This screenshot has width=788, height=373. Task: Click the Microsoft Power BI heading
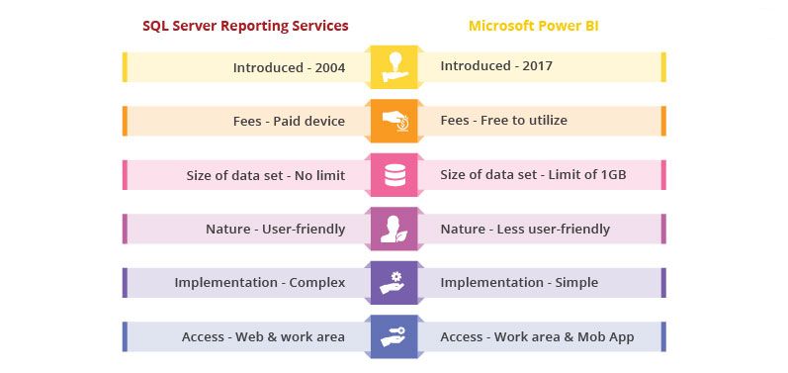point(533,25)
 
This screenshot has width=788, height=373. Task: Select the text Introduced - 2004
point(289,67)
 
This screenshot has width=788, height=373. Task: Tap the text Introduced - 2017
point(496,67)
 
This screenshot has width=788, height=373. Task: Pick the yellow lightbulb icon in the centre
point(394,67)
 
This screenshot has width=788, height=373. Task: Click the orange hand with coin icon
point(394,121)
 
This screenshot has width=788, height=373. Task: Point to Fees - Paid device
point(289,121)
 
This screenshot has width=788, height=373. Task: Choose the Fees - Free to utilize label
point(503,121)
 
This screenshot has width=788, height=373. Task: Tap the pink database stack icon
point(394,175)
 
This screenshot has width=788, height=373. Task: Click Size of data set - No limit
point(265,175)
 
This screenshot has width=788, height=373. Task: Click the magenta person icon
point(394,229)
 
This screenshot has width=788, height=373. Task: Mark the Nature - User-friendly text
point(275,229)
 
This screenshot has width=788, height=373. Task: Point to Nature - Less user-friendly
point(525,229)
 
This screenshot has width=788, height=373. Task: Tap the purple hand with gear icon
point(394,283)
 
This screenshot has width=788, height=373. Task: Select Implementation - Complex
point(259,283)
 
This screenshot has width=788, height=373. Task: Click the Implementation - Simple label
point(519,283)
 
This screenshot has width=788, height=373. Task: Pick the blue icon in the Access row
point(394,336)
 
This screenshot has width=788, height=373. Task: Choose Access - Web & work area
point(263,336)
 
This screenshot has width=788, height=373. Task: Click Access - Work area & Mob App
point(537,336)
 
